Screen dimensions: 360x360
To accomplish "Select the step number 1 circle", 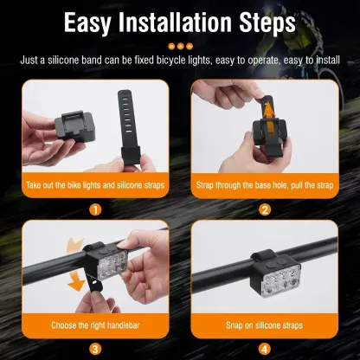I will [x=94, y=209].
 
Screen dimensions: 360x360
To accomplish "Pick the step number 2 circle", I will [x=265, y=209].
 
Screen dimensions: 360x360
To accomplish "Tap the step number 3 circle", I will [x=94, y=349].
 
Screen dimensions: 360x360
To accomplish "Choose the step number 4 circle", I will [x=265, y=349].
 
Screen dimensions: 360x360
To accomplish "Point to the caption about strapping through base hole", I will [x=265, y=187].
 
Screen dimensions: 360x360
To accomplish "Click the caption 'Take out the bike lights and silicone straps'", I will [x=94, y=187].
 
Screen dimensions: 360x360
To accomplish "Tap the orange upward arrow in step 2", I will [x=270, y=112].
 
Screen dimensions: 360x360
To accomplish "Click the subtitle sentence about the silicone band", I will [x=180, y=61].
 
